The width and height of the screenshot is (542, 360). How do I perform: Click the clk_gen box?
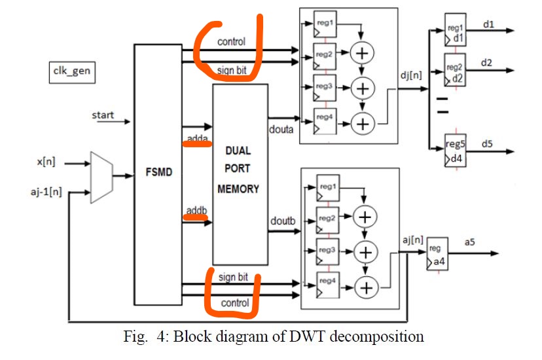[x=71, y=72]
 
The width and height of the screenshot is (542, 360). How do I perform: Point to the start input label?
[x=103, y=116]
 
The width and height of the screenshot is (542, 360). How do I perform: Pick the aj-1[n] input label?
[x=46, y=193]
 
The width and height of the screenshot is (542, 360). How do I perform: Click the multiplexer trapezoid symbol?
[x=101, y=177]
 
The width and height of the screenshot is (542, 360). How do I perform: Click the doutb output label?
[x=283, y=221]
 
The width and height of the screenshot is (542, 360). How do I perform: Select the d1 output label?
[x=488, y=25]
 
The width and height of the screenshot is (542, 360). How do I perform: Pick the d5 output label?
[x=488, y=143]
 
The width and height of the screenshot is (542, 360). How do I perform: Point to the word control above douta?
[x=231, y=42]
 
